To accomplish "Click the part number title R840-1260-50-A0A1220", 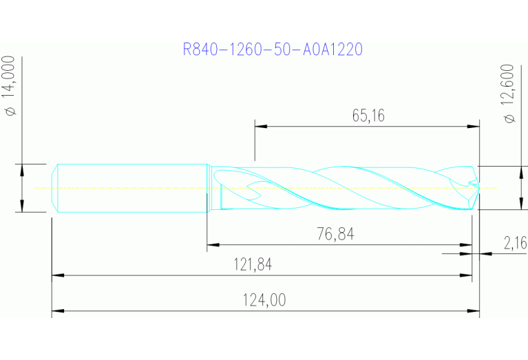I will coord(273,50).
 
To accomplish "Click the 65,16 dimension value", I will coord(368,115).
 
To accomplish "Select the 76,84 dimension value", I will coord(336,234).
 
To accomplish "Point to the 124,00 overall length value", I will coord(264,300).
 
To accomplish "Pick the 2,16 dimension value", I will coord(514,243).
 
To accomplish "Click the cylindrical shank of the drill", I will coord(131,187).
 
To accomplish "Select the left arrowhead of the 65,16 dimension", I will coord(260,126).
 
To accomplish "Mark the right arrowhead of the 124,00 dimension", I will coord(474,312).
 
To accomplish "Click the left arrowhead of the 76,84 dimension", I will coord(212,244).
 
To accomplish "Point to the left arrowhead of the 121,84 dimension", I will coord(57,275).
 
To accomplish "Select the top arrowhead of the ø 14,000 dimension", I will coord(22,169).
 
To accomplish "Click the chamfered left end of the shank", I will coord(56,187).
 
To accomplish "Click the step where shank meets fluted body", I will coord(209,187).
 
